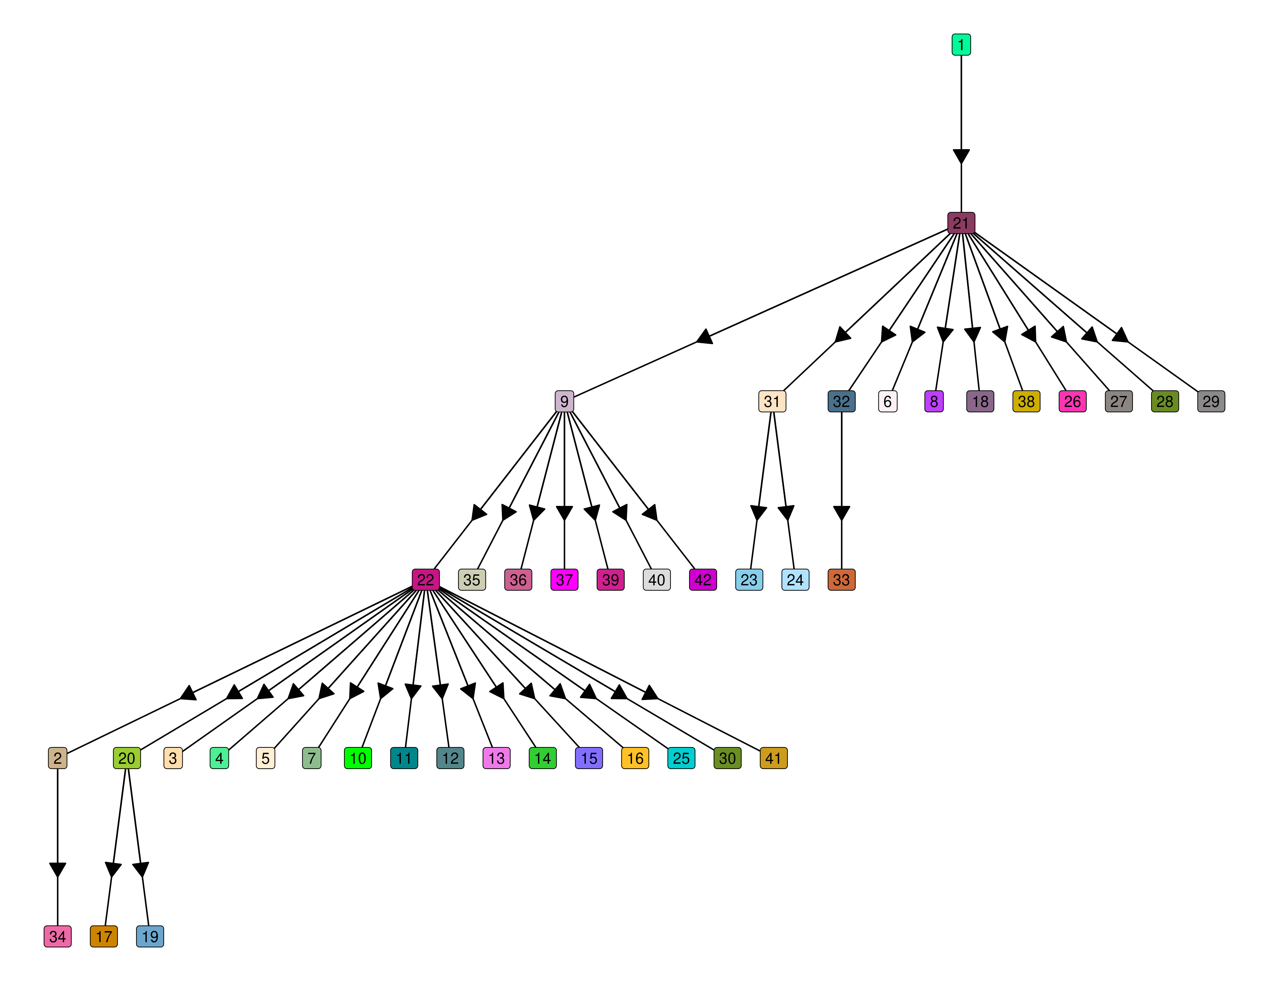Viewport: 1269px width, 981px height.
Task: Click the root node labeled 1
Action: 961,45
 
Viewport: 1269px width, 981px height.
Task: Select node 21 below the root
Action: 961,223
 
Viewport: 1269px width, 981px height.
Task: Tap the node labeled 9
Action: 564,402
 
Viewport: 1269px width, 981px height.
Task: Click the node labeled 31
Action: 772,402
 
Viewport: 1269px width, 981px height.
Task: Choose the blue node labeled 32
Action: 841,402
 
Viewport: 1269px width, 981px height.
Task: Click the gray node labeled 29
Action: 1211,402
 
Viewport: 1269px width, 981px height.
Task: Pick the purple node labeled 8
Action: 934,402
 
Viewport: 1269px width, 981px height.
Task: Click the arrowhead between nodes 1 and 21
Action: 961,156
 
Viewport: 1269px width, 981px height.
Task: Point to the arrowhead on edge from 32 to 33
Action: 841,513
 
